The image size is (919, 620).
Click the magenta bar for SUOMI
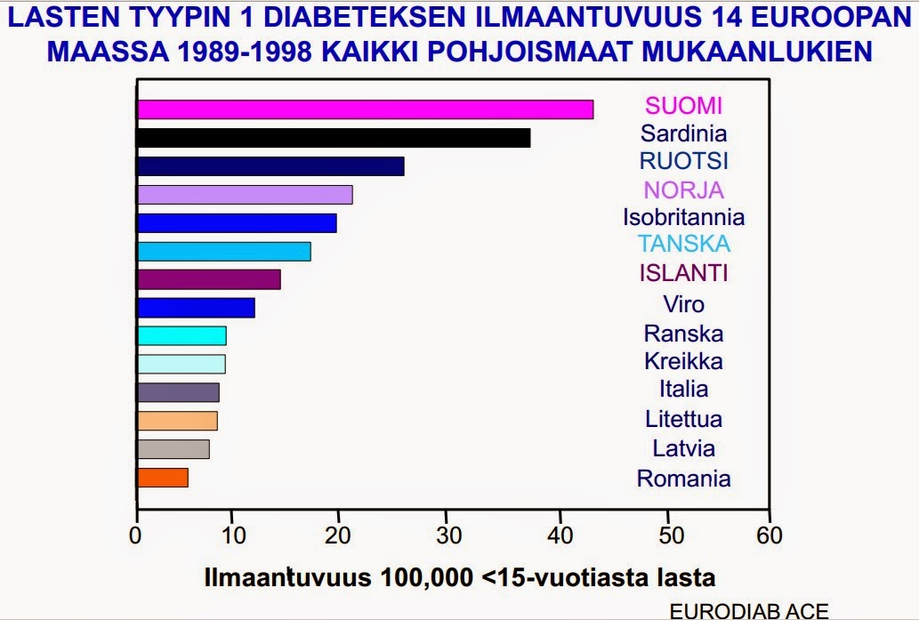pos(365,109)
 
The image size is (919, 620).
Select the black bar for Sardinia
pos(334,138)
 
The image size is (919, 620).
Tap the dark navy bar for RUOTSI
pos(270,166)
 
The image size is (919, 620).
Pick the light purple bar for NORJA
pos(245,194)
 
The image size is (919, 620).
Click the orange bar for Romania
pos(163,478)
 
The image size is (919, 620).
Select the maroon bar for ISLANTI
pos(209,279)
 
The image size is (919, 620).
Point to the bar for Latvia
pos(173,449)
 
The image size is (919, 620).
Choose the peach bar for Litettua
pos(177,421)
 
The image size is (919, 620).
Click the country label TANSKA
pos(683,244)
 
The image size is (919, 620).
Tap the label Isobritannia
pos(683,217)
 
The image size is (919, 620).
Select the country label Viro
pos(683,304)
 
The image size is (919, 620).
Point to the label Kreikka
pos(683,361)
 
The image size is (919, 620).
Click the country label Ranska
pos(683,334)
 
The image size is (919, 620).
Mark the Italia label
pos(683,389)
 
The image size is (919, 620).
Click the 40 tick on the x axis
pos(560,535)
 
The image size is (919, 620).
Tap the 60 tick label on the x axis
pos(769,535)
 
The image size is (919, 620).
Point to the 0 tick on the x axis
pos(136,535)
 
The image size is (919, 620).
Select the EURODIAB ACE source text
pos(748,611)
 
